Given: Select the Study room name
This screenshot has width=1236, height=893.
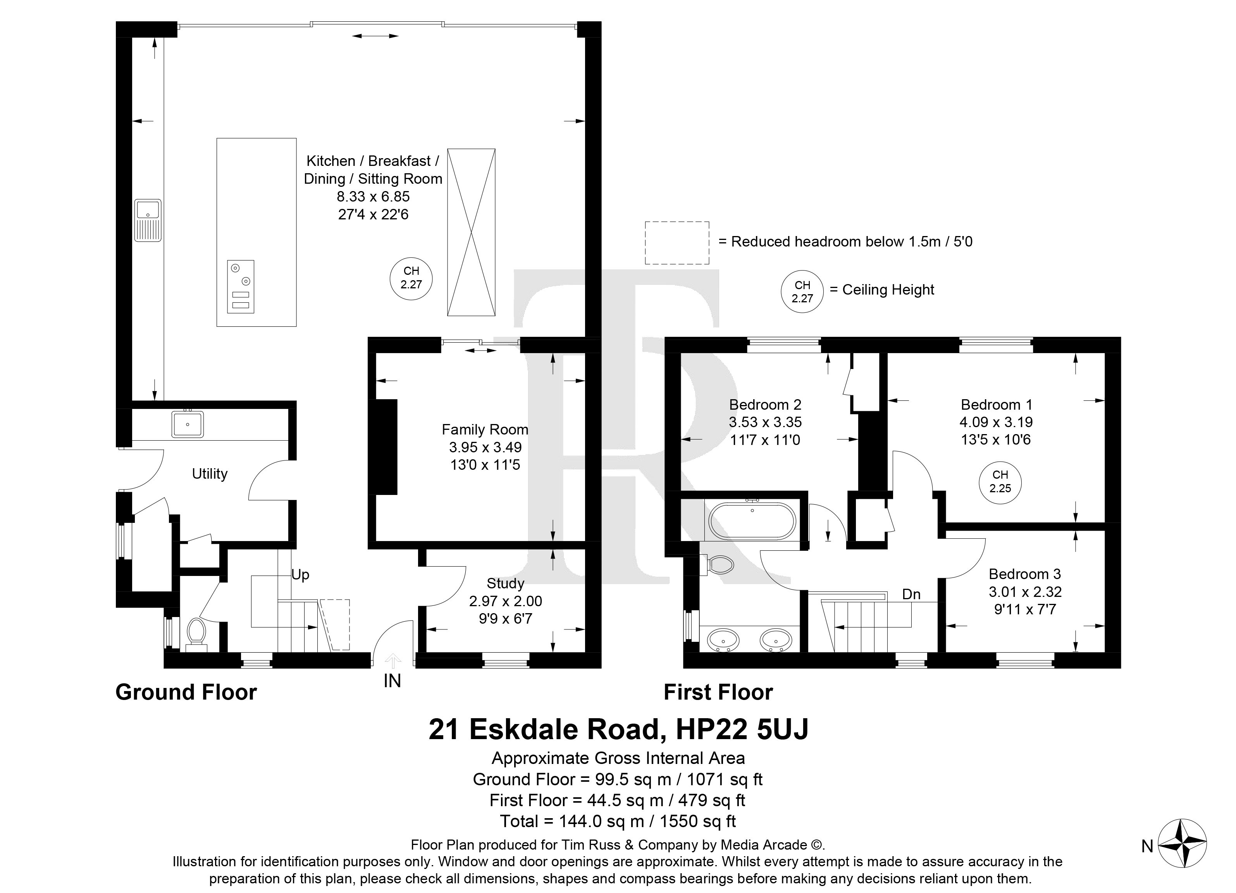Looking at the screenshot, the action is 505,583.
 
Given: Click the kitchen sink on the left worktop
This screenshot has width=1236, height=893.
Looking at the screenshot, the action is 148,220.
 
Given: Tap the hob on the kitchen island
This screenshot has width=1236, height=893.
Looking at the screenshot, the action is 240,286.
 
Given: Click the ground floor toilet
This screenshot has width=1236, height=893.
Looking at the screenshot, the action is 196,634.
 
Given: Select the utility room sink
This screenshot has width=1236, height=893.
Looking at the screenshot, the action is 188,424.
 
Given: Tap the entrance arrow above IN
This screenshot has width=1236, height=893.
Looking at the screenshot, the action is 392,661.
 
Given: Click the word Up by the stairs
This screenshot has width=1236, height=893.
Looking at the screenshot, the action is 300,575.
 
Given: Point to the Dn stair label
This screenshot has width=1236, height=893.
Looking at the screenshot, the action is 911,594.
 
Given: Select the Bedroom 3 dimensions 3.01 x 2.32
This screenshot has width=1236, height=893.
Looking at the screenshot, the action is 1025,591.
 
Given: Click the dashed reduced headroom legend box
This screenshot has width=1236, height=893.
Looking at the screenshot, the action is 677,243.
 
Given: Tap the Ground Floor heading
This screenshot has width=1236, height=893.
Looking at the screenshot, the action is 186,692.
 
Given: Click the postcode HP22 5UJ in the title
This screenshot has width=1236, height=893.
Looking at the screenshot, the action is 742,729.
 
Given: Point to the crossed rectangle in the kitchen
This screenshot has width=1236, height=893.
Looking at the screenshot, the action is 472,232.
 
